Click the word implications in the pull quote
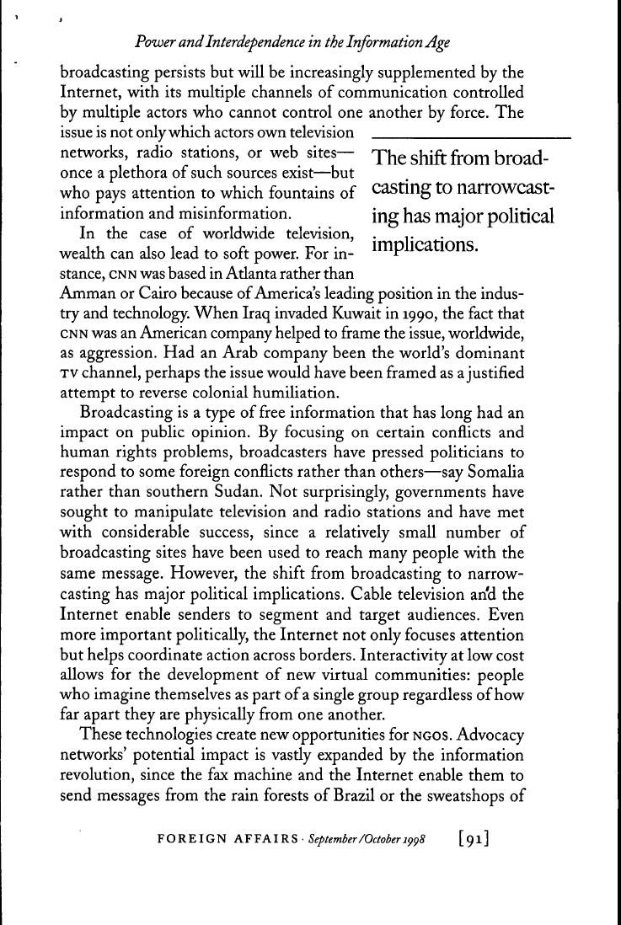point(427,248)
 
